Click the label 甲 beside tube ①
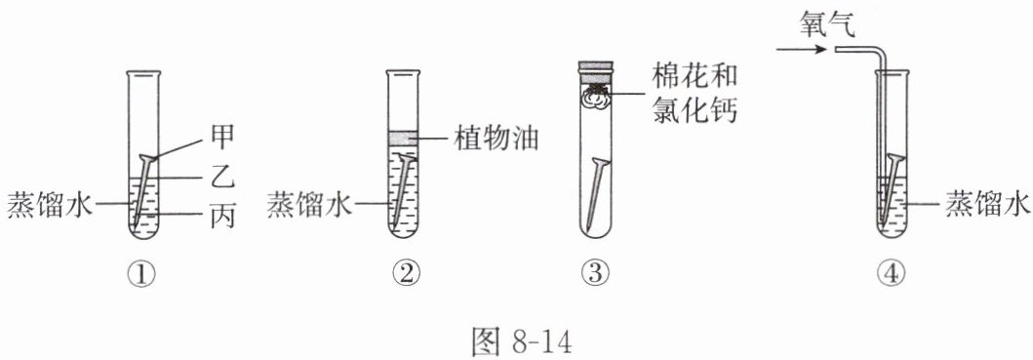(220, 138)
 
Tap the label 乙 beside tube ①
(221, 177)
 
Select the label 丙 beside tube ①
(221, 216)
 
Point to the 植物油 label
(497, 139)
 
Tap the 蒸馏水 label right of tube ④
(987, 204)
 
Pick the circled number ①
(143, 272)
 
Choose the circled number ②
(404, 272)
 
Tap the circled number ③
(595, 272)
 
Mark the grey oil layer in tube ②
(404, 138)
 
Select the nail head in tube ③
(602, 162)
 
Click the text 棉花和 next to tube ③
(694, 78)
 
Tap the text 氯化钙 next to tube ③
(694, 110)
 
